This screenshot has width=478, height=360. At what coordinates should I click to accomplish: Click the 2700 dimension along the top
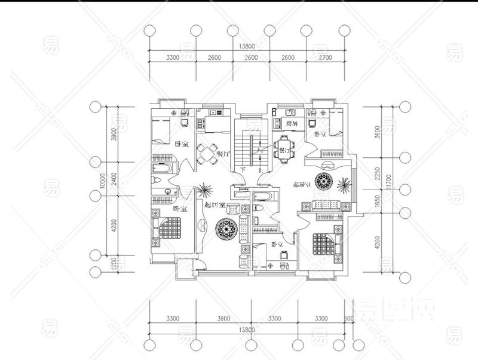pyautogui.click(x=326, y=57)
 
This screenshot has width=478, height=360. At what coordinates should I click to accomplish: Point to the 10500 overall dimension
pyautogui.click(x=103, y=181)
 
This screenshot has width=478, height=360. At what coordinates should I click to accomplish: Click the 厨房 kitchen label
pyautogui.click(x=292, y=124)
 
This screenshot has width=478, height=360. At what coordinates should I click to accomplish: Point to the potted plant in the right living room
pyautogui.click(x=345, y=182)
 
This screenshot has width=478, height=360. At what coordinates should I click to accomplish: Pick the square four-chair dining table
pyautogui.click(x=207, y=155)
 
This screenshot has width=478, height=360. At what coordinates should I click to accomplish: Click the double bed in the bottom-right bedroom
pyautogui.click(x=325, y=243)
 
